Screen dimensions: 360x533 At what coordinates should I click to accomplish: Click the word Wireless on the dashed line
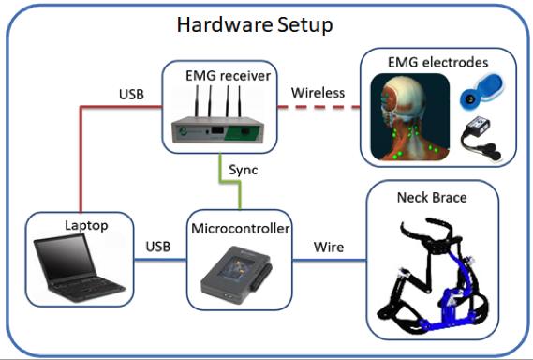tap(318, 93)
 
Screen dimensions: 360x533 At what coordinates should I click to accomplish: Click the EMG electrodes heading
tap(438, 63)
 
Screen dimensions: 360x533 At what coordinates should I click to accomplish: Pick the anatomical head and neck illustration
tap(406, 117)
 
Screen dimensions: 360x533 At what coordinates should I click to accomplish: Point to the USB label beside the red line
tap(132, 94)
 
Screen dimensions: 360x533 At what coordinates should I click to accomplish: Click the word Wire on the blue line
tap(329, 247)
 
